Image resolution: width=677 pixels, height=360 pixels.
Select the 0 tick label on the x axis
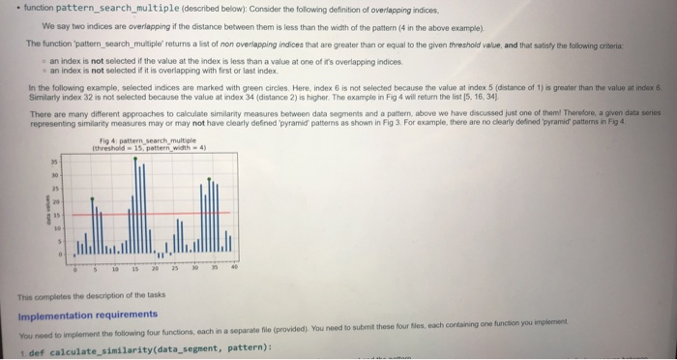[x=74, y=270]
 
